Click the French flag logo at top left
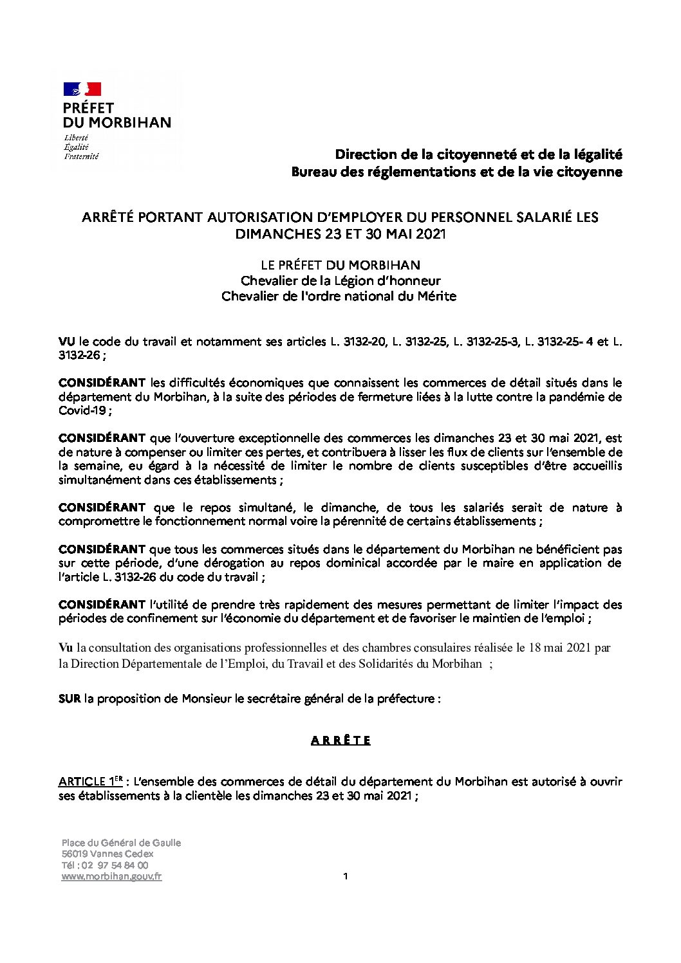point(82,89)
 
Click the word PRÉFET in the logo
point(88,107)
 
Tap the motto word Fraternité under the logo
point(81,156)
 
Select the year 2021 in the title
point(431,234)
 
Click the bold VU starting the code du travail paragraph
point(66,342)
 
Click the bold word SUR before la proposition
point(70,699)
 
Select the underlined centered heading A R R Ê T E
point(340,740)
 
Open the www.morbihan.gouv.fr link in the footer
point(111,876)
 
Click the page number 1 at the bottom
point(346,876)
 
